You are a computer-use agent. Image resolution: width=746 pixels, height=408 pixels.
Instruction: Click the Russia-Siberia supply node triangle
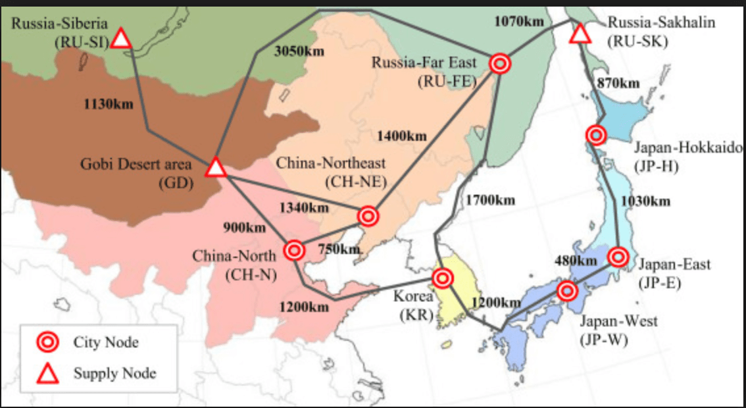(x=120, y=39)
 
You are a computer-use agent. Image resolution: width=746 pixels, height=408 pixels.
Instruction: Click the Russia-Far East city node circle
(x=500, y=64)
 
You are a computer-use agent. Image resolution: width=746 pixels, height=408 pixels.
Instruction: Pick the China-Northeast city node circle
(x=368, y=216)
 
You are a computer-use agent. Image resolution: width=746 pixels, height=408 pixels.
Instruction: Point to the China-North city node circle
(x=294, y=250)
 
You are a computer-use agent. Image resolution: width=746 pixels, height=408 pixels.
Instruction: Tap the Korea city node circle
(x=443, y=278)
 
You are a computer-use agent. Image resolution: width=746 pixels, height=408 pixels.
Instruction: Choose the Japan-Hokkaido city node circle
(x=596, y=136)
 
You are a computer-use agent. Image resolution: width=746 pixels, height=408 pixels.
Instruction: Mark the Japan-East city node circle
(x=617, y=257)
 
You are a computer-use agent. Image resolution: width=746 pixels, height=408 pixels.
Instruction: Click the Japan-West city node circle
(x=566, y=290)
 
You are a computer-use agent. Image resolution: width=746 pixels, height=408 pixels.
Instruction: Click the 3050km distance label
(x=299, y=52)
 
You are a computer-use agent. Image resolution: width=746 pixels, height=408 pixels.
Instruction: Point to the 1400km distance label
(x=401, y=136)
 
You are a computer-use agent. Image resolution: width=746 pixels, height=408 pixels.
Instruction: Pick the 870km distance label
(x=616, y=84)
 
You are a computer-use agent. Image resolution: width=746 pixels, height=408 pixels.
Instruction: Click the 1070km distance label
(x=520, y=21)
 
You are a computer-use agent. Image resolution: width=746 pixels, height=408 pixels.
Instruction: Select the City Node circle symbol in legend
(x=46, y=342)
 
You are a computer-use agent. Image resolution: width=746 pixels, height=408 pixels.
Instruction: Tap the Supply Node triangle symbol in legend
(x=46, y=374)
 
